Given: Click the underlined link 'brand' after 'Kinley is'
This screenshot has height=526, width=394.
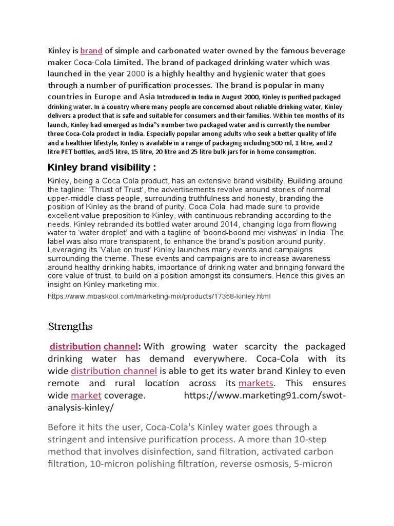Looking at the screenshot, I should pyautogui.click(x=91, y=51).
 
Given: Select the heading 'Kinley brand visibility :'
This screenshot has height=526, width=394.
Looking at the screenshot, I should pyautogui.click(x=102, y=167).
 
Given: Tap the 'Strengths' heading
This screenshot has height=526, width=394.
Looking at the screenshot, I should pyautogui.click(x=70, y=326).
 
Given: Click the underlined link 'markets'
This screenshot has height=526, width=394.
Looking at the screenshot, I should pyautogui.click(x=255, y=383).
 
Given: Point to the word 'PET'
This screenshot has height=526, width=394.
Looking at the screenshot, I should pyautogui.click(x=71, y=152).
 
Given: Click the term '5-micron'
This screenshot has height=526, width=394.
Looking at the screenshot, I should pyautogui.click(x=312, y=464).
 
